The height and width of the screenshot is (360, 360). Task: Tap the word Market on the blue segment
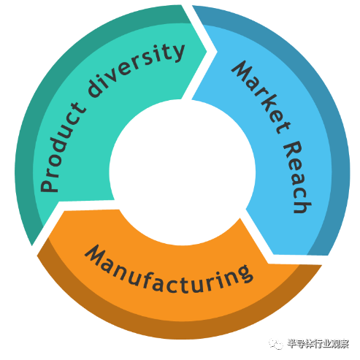(261, 96)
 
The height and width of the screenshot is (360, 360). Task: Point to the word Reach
(298, 177)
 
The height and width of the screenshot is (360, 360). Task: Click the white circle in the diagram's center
(183, 172)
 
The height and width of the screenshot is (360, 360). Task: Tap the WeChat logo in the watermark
(276, 343)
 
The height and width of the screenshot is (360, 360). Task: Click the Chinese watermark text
(318, 344)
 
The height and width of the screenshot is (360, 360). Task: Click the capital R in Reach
(293, 149)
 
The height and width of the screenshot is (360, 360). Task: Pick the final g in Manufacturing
(245, 274)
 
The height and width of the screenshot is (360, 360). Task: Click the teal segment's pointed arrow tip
(207, 51)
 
